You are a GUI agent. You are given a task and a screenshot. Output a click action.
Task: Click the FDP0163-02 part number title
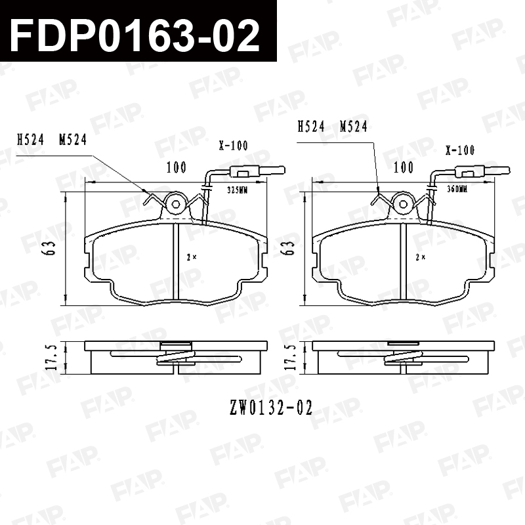(x=135, y=35)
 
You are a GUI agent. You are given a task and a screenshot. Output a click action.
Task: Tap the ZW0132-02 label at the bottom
(x=271, y=408)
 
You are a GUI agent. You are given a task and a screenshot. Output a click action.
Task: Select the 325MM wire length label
(x=237, y=190)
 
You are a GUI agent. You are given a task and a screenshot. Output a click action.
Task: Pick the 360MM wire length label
(x=457, y=189)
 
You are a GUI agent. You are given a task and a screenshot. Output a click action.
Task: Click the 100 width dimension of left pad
(x=177, y=167)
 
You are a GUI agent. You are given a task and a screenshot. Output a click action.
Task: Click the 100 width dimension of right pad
(x=404, y=167)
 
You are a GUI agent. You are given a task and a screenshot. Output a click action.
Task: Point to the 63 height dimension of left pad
(x=51, y=248)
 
